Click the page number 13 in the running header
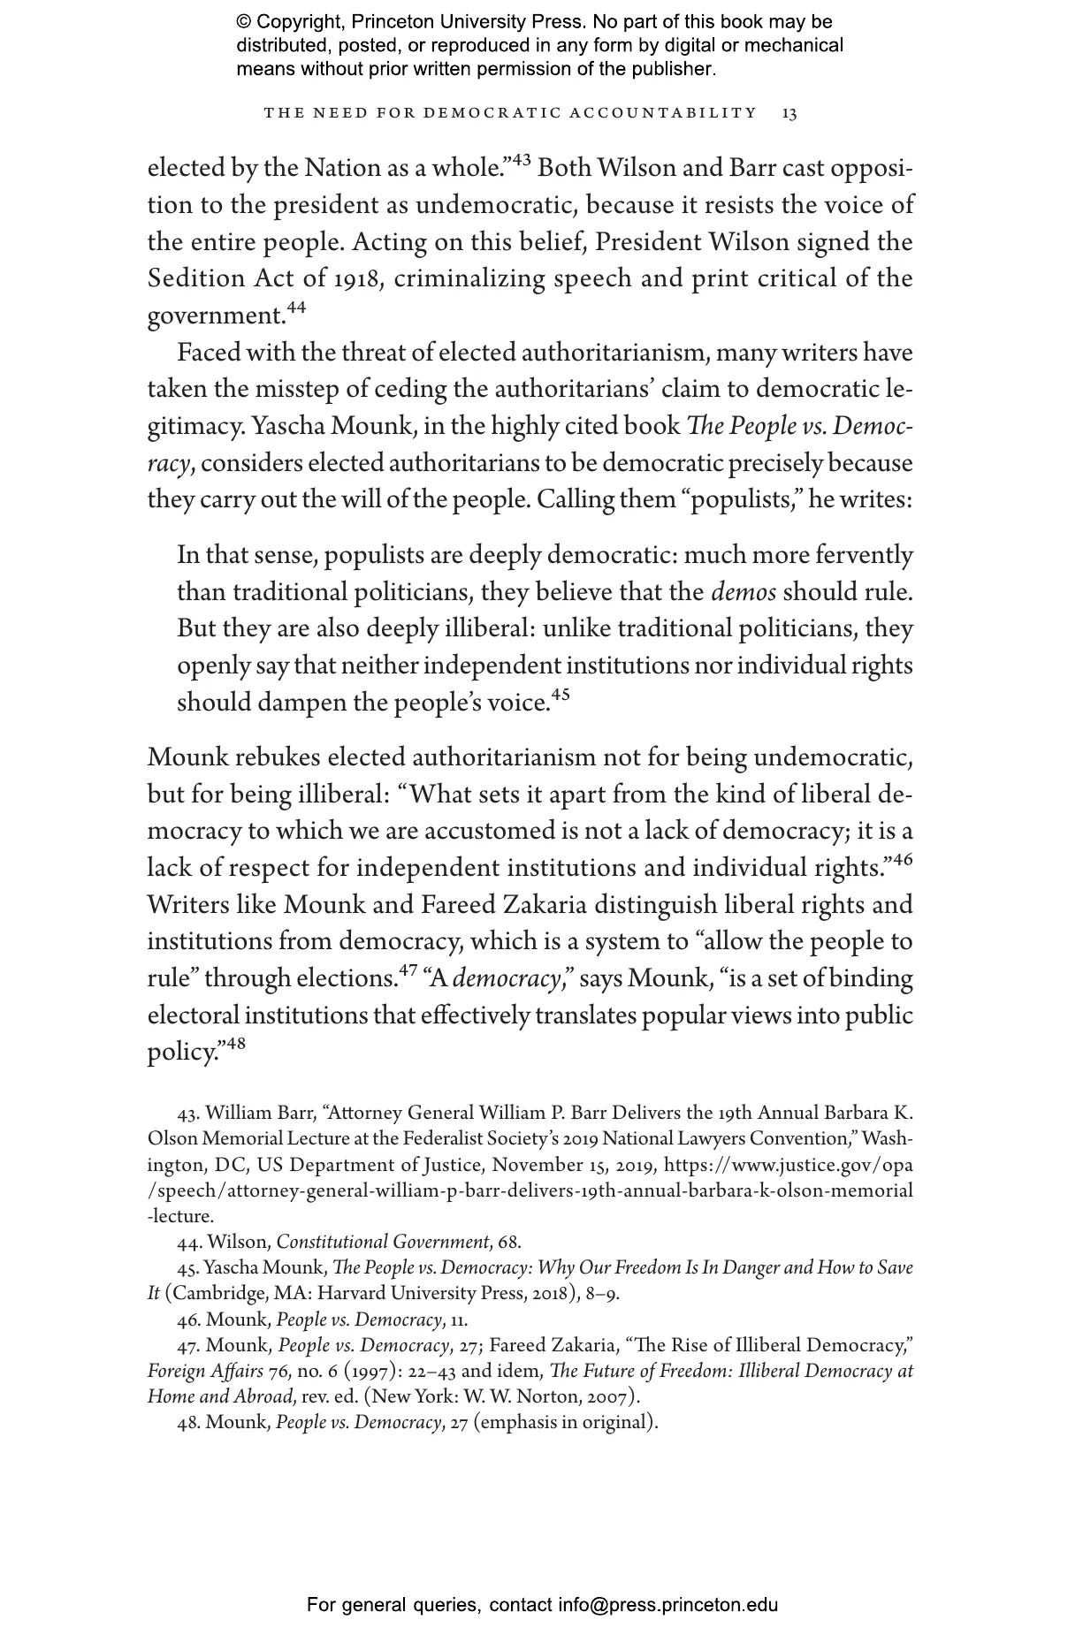click(789, 113)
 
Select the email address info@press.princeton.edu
click(667, 1605)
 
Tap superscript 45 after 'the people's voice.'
click(561, 695)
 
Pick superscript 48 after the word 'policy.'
click(235, 1044)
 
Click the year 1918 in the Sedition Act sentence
click(356, 279)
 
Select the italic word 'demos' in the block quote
click(744, 592)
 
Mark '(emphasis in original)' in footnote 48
click(566, 1423)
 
